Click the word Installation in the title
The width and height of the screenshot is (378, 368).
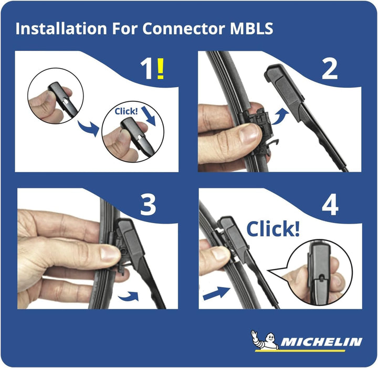click(61, 28)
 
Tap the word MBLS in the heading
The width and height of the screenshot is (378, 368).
click(251, 28)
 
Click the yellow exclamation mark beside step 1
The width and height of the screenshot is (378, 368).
click(160, 68)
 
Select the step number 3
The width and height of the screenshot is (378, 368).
click(148, 205)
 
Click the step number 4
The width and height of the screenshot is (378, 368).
click(330, 205)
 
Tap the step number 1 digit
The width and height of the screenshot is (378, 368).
click(146, 69)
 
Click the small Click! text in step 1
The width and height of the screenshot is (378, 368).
click(126, 111)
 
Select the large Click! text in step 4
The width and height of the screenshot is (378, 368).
click(273, 229)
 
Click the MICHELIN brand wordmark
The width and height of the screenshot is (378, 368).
click(321, 342)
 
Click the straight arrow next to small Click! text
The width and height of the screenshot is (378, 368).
click(149, 117)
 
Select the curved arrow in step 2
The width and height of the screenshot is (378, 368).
click(280, 116)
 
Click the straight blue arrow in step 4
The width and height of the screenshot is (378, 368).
click(216, 293)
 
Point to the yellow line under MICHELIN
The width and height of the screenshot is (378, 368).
click(300, 351)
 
